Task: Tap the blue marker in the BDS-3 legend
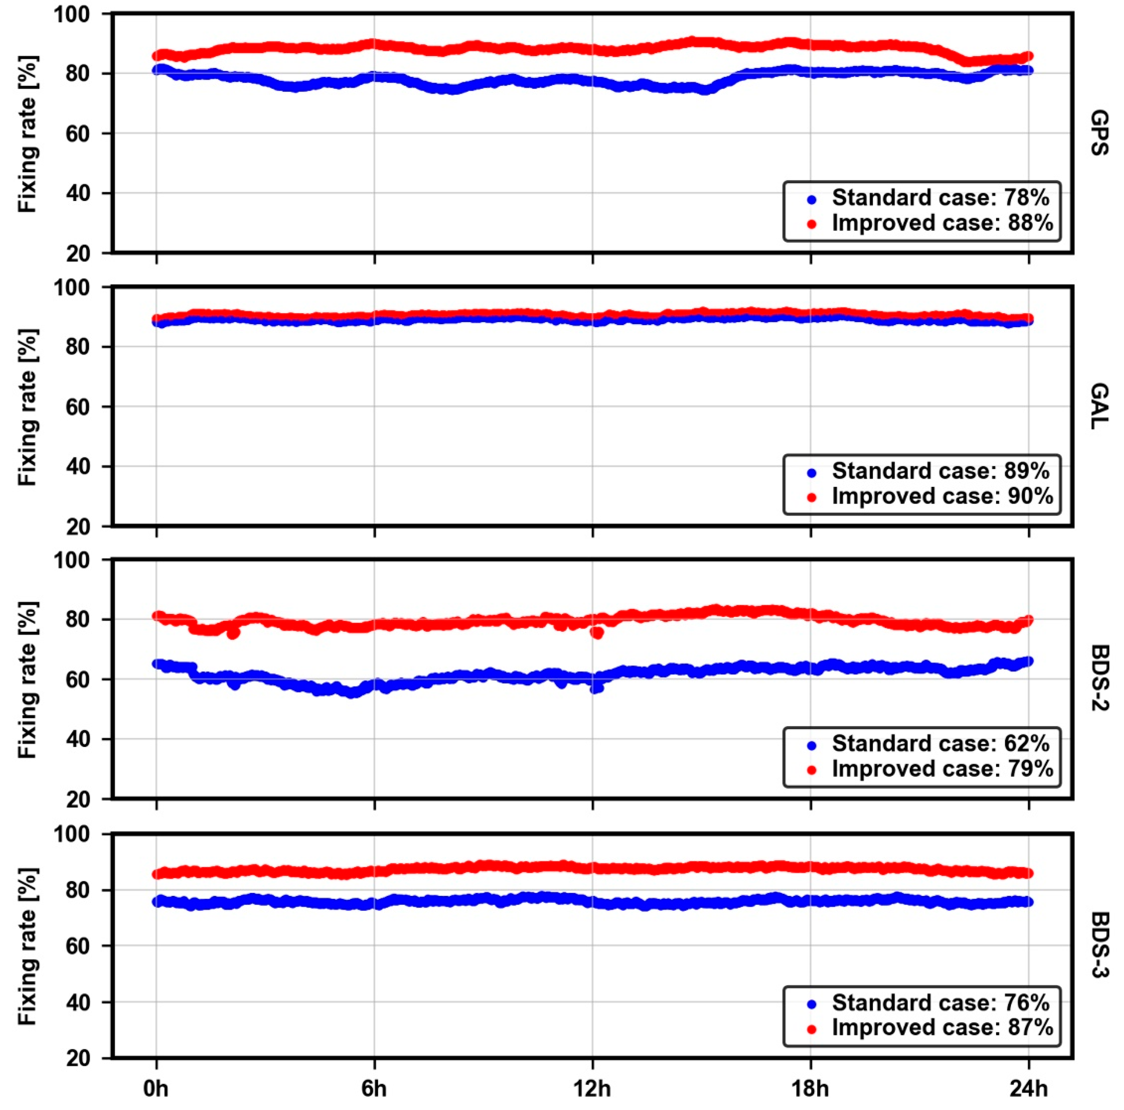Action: pyautogui.click(x=812, y=1003)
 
